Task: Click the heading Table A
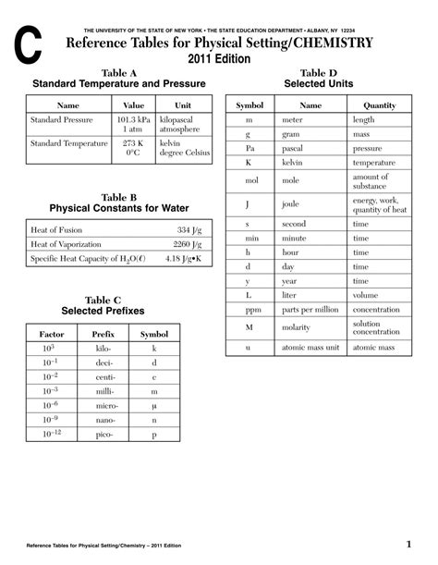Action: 118,72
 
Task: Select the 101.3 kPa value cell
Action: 133,120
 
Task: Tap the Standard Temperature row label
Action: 69,143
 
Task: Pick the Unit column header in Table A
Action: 183,105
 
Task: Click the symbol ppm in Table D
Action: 249,309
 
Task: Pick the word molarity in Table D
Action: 298,328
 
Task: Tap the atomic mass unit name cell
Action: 310,348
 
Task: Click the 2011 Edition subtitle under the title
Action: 218,58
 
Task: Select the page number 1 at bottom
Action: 408,543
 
